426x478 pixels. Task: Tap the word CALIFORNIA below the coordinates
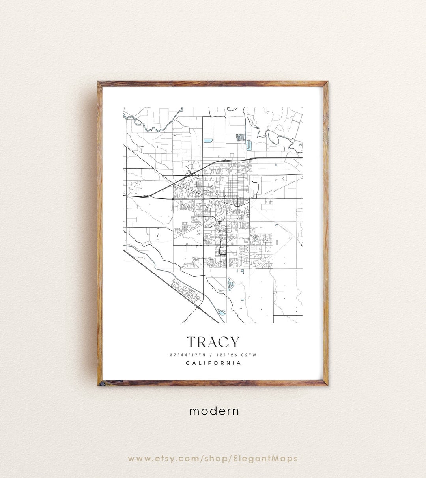213,363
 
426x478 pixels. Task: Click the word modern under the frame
214,411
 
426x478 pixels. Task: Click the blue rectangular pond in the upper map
207,140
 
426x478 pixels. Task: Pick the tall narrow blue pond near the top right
248,145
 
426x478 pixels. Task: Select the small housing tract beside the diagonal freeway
185,290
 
